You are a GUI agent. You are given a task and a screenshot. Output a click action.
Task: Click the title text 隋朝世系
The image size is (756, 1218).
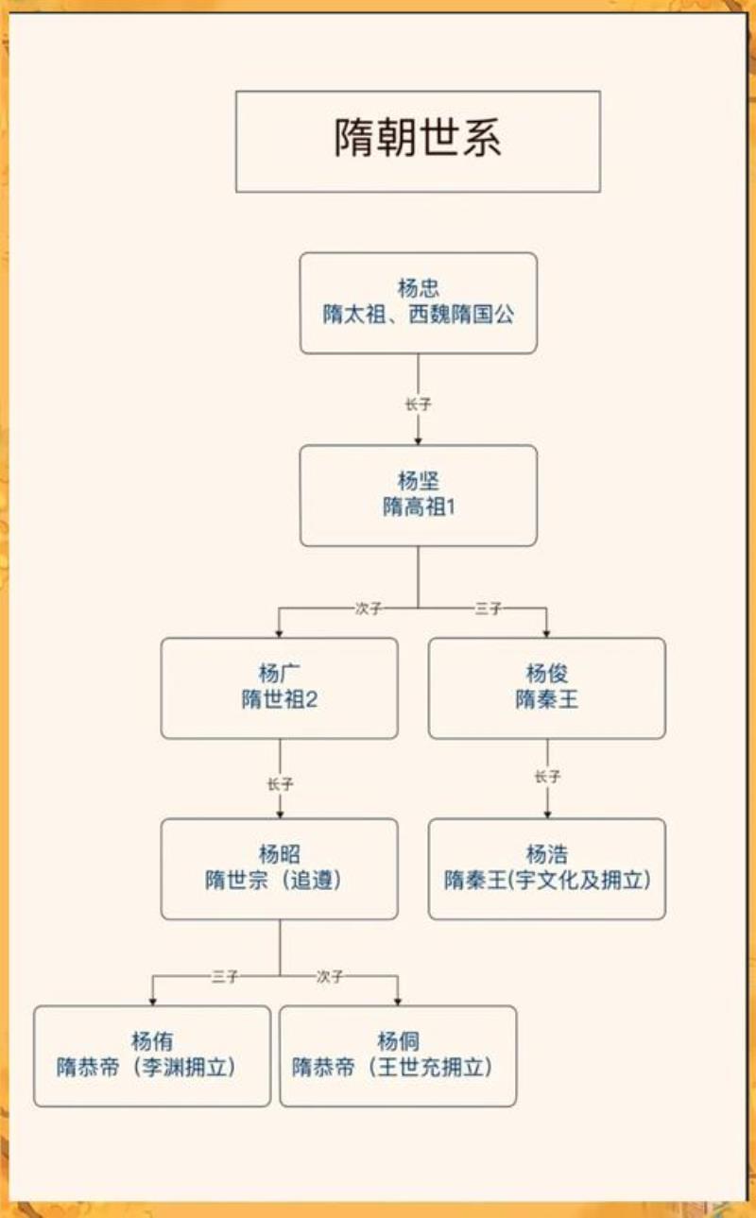418,139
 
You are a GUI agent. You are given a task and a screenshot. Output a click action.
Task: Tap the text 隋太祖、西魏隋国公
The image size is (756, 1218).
418,316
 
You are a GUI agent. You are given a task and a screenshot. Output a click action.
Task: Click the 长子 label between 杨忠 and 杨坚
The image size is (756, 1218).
418,404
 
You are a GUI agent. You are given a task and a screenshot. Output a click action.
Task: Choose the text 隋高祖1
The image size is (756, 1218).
418,508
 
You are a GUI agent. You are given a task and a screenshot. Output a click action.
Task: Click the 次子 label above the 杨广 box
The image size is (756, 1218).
369,609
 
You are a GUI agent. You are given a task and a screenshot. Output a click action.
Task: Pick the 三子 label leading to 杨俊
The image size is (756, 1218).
488,609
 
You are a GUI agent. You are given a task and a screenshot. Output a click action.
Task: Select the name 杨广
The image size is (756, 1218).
279,674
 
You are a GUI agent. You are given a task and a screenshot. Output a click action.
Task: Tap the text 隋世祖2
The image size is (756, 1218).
279,700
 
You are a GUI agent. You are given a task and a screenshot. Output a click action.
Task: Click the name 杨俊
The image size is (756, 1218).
546,674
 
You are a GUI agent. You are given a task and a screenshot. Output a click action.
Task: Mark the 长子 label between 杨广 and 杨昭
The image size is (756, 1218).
280,784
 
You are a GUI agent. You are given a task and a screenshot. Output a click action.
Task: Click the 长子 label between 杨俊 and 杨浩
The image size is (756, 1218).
547,778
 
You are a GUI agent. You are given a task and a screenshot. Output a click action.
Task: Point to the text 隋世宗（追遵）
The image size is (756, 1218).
279,881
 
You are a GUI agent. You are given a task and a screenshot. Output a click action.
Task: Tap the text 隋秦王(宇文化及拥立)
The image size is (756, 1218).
546,881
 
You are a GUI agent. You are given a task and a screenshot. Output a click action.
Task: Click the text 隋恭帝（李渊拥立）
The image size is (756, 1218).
151,1068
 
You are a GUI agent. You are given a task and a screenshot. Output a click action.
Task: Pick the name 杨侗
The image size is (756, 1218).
398,1042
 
